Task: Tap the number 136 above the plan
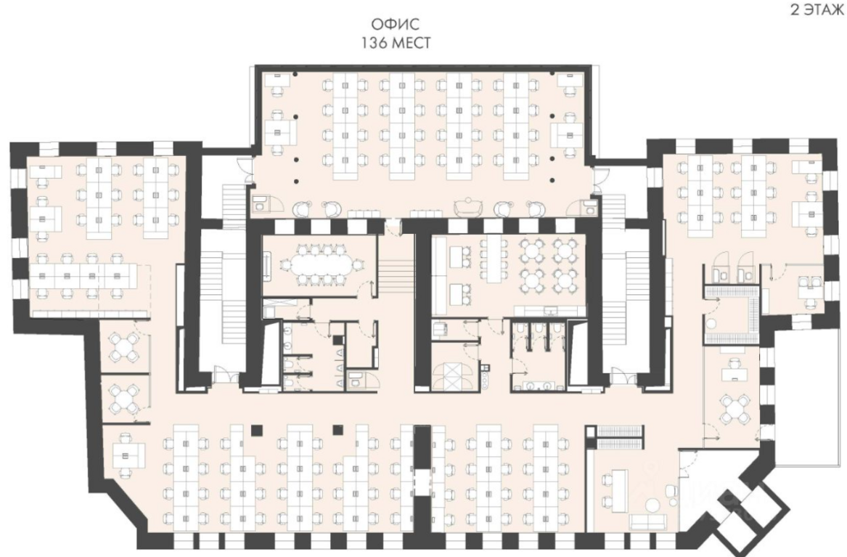[x=374, y=44]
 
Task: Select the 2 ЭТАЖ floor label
[x=817, y=10]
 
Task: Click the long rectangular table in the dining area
[x=494, y=260]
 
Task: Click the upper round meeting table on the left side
[x=124, y=347]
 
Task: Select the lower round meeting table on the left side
[x=124, y=399]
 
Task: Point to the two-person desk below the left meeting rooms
[x=130, y=455]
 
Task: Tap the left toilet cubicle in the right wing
[x=721, y=275]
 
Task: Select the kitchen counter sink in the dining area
[x=550, y=310]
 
